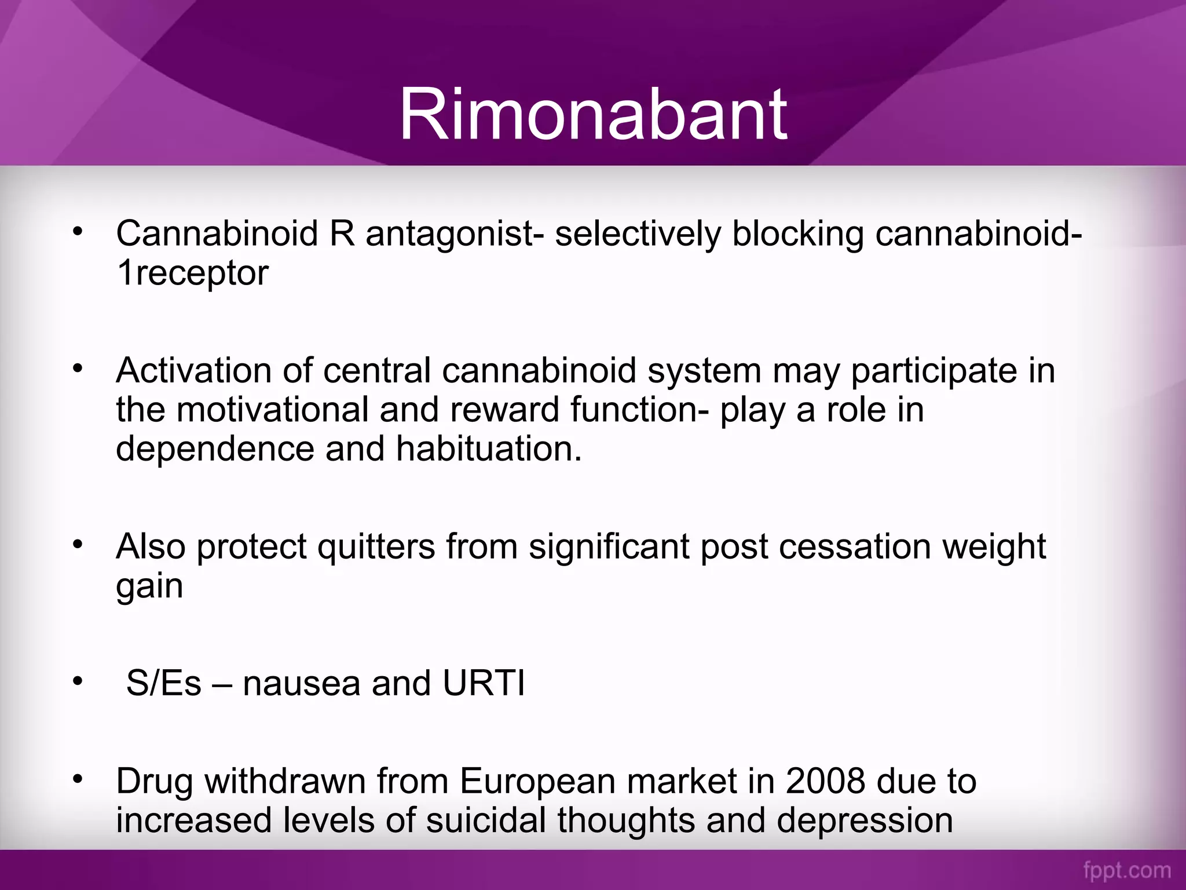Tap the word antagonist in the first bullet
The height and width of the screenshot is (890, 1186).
click(449, 234)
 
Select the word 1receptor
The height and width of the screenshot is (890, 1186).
click(192, 273)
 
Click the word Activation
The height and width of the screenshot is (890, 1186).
click(193, 371)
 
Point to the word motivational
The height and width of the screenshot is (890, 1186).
click(272, 410)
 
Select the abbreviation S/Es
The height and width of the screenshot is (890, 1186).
click(164, 683)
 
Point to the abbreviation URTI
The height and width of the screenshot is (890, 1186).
click(484, 683)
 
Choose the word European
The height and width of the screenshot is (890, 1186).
click(538, 782)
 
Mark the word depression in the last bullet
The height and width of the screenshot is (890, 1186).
click(864, 821)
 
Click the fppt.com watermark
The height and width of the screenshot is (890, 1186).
click(1127, 870)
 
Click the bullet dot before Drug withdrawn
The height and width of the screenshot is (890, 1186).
click(78, 778)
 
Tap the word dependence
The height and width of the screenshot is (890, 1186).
click(215, 450)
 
